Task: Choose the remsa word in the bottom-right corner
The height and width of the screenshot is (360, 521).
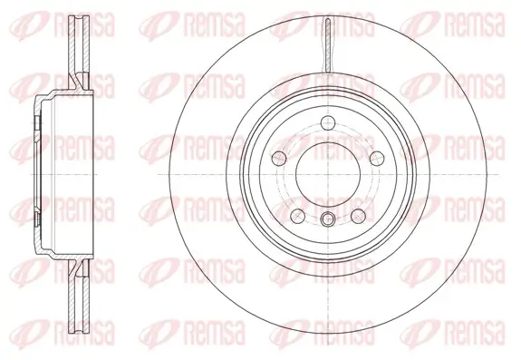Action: (478, 343)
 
